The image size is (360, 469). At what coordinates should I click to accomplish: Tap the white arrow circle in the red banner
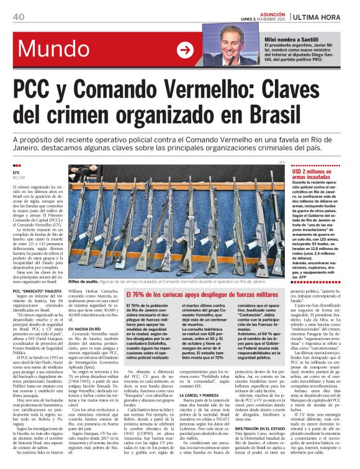(x=184, y=50)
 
